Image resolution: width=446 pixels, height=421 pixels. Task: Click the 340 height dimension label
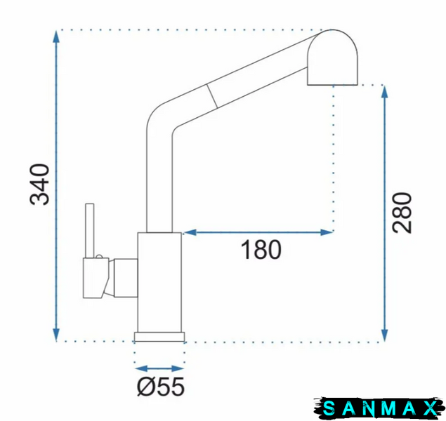pos(39,184)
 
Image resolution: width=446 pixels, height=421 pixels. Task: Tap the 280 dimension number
pos(402,213)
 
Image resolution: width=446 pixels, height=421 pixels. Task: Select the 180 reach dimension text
pos(261,250)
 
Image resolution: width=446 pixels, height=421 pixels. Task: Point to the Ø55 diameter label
pos(161,387)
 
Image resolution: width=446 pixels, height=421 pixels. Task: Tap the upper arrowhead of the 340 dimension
pos(56,36)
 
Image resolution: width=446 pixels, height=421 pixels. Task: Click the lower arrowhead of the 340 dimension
pos(56,334)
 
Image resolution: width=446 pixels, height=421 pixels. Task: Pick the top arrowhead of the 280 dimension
pos(385,92)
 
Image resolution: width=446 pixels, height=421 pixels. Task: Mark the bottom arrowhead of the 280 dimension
pos(385,335)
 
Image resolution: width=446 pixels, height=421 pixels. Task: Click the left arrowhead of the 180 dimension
pos(190,232)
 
